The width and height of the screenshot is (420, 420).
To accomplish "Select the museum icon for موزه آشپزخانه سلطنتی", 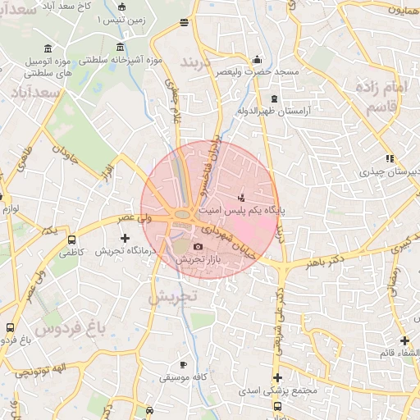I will (x=121, y=46).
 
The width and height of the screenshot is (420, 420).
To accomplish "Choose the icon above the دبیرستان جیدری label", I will (x=390, y=159).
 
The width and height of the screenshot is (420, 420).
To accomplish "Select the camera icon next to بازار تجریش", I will (x=198, y=246).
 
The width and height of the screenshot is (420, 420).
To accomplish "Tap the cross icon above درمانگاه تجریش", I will (x=125, y=238).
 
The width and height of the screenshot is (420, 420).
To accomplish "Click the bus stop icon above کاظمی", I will (x=72, y=241).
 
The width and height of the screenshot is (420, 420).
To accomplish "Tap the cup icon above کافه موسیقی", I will (x=183, y=364).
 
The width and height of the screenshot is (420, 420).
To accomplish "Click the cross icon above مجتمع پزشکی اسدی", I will (x=277, y=378).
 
